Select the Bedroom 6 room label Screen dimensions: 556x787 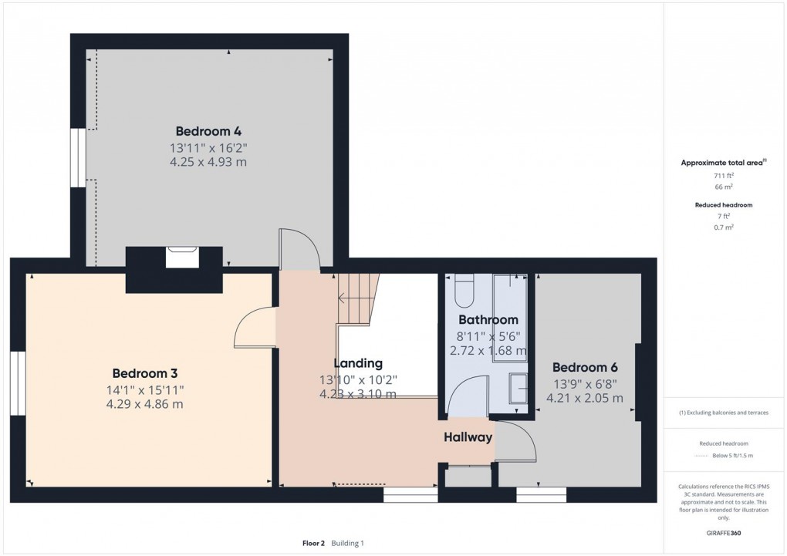tap(585, 367)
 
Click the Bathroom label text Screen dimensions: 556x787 tap(488, 319)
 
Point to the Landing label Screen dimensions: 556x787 tap(357, 363)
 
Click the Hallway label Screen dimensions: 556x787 tap(468, 437)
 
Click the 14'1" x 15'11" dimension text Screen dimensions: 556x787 tap(145, 389)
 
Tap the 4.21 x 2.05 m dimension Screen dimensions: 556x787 tap(585, 398)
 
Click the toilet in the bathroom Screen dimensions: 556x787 tap(464, 290)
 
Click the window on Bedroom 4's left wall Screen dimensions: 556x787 tap(78, 157)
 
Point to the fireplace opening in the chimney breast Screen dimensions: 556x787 tap(184, 257)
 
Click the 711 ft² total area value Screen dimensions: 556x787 tap(723, 176)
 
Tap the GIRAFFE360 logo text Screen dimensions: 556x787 tap(723, 533)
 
